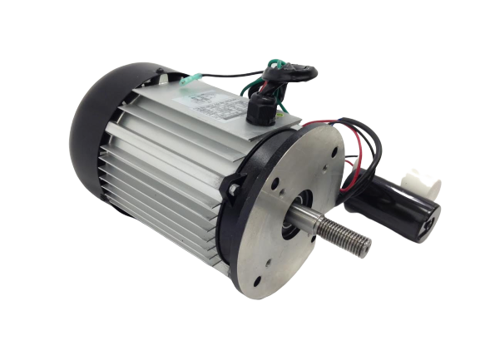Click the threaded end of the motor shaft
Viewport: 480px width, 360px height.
pyautogui.click(x=341, y=242)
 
